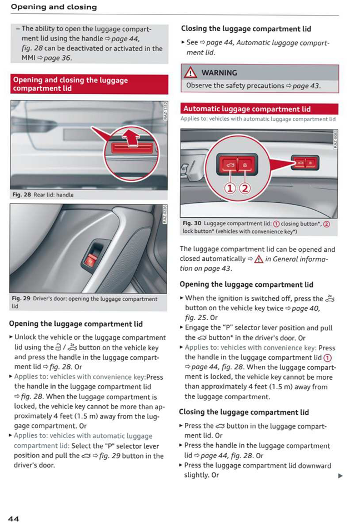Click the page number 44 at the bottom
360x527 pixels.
[13, 518]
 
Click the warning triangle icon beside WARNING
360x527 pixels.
[191, 73]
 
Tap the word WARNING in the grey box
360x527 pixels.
[219, 73]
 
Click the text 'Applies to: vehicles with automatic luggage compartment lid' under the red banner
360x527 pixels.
[258, 119]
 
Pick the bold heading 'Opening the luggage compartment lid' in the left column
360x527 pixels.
[76, 324]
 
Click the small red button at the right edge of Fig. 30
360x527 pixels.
[305, 163]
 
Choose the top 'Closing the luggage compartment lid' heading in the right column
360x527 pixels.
[246, 29]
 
